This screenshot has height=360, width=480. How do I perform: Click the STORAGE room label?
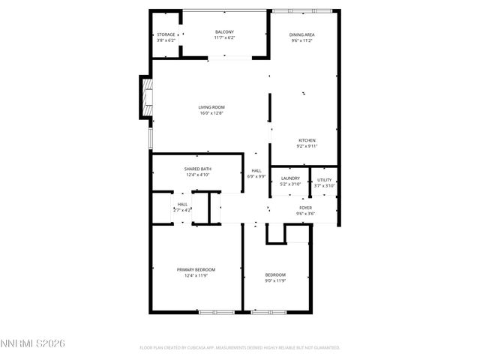[166, 34]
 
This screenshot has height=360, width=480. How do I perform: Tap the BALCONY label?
[224, 31]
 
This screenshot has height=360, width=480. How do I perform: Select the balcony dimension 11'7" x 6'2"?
[224, 37]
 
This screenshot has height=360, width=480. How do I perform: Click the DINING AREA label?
[302, 34]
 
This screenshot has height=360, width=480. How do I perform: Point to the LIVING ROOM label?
[211, 107]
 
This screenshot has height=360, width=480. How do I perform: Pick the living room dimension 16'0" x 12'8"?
[211, 113]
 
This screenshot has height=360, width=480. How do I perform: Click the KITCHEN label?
[307, 140]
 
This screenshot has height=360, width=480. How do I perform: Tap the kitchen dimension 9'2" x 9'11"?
[307, 146]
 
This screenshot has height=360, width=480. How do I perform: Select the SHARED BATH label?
[198, 169]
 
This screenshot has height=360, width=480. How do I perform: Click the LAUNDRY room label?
[290, 178]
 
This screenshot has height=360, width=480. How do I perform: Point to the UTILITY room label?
[324, 180]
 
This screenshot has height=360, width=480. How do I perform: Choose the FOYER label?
[305, 208]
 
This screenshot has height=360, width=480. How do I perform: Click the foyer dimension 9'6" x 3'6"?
[305, 214]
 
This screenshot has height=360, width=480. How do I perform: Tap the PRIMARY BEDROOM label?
[196, 269]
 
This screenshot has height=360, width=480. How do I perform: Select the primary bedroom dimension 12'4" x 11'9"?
[196, 275]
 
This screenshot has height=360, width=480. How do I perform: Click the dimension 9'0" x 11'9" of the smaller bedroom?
[275, 280]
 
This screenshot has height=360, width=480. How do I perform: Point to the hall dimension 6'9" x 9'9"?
[256, 176]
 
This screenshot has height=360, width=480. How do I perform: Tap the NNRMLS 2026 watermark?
[33, 343]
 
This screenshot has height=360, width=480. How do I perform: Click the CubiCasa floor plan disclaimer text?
[240, 348]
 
